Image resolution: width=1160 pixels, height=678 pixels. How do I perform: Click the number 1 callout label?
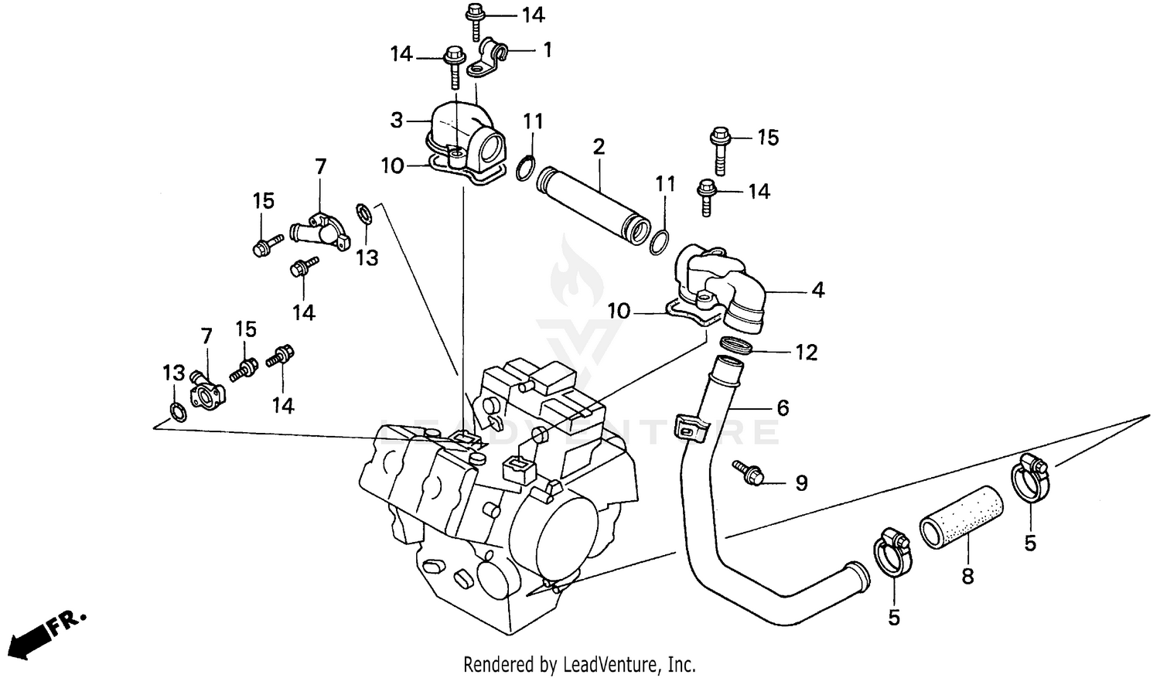548,51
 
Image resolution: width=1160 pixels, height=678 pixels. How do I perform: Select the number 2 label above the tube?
599,146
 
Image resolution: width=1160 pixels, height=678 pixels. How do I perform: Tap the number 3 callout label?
397,121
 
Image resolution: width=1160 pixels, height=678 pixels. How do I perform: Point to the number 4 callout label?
818,291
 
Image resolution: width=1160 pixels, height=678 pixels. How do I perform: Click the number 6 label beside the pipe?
783,407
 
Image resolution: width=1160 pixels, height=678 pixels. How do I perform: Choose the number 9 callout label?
802,483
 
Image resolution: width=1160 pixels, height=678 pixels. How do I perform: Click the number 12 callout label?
806,353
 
